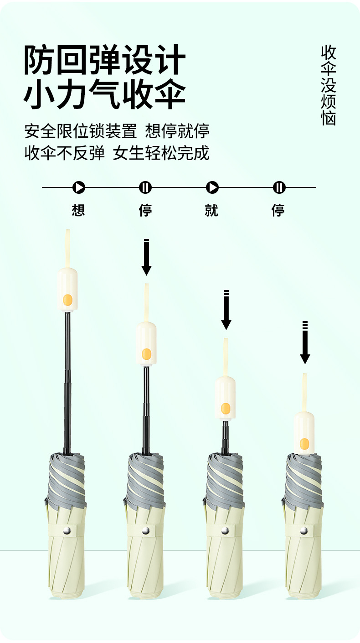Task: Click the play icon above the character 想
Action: coord(78,187)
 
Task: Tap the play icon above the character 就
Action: coord(212,187)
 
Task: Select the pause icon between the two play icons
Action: coord(145,187)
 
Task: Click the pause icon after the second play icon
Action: coord(279,187)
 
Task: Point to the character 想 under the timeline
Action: coord(78,210)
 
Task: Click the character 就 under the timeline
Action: coord(212,210)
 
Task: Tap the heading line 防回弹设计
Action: coord(105,60)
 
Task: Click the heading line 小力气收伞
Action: coord(105,94)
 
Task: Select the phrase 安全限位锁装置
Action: coord(81,131)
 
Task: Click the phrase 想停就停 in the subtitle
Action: coord(177,131)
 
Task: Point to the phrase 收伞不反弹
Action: coord(65,153)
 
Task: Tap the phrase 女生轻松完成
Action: coord(161,153)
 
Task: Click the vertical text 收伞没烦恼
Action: coord(328,85)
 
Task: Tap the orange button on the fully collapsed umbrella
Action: coord(304,444)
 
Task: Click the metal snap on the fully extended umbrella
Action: coord(67,530)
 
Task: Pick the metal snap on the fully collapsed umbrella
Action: coord(304,530)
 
